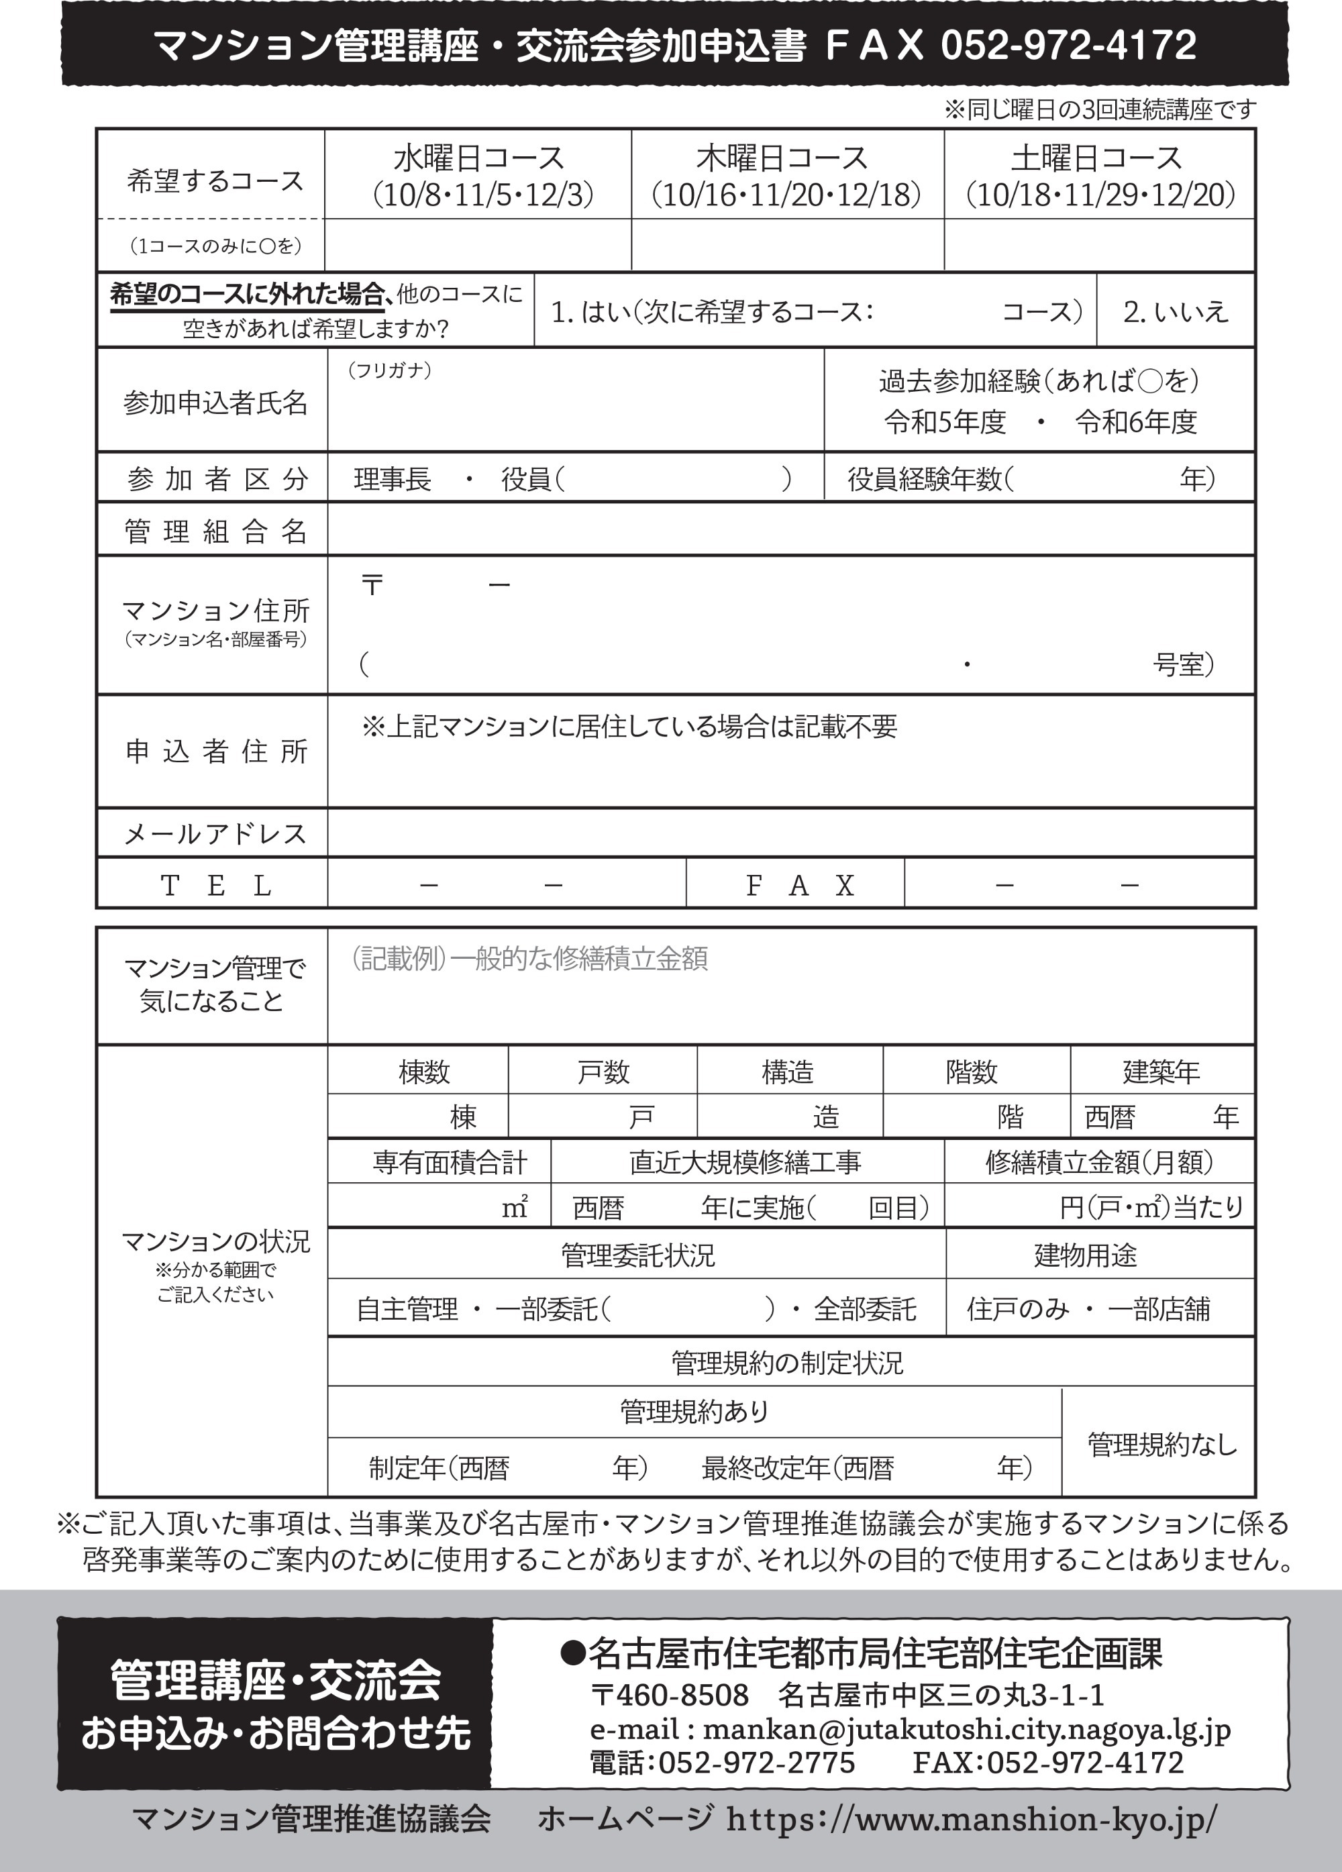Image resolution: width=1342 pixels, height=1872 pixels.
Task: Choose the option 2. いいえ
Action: coord(1176,311)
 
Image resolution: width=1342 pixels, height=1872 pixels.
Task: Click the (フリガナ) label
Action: coord(389,370)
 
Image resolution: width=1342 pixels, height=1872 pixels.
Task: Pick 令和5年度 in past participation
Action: coord(945,423)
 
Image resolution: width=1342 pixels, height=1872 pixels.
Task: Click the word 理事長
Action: coord(392,478)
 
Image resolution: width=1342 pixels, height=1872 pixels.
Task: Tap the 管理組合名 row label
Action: coord(215,531)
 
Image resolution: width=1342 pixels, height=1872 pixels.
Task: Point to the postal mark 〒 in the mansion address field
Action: coord(372,585)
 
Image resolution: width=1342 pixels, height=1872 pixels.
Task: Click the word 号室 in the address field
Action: coord(1180,664)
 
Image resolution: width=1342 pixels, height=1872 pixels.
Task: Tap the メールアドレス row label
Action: coord(215,833)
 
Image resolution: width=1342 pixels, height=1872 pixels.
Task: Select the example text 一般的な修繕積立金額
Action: coord(578,959)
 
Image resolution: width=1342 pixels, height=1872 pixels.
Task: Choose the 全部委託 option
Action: coord(864,1309)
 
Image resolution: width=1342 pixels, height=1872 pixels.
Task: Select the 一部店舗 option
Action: coord(1159,1309)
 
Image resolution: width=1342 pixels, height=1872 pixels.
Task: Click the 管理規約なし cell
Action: coord(1162,1445)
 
